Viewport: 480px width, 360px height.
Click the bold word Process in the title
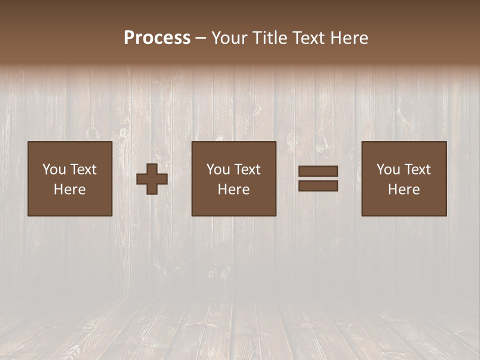click(157, 38)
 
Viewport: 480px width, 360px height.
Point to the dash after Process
click(201, 38)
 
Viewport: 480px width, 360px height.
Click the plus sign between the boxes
click(152, 179)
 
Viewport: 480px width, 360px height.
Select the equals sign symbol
click(318, 178)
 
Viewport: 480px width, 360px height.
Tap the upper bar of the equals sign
click(318, 171)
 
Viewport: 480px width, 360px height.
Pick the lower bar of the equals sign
click(318, 185)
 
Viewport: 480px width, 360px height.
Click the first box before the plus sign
click(70, 178)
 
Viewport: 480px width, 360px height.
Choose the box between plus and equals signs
click(234, 178)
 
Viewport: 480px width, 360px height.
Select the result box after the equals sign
click(404, 178)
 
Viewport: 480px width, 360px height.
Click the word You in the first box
click(53, 169)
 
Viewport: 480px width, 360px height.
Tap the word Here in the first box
click(70, 189)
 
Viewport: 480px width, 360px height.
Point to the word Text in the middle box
click(247, 169)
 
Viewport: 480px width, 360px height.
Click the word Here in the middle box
click(234, 189)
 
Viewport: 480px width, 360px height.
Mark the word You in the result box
click(387, 169)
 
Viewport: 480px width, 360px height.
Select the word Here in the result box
click(404, 189)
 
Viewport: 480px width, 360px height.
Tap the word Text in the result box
click(417, 169)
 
